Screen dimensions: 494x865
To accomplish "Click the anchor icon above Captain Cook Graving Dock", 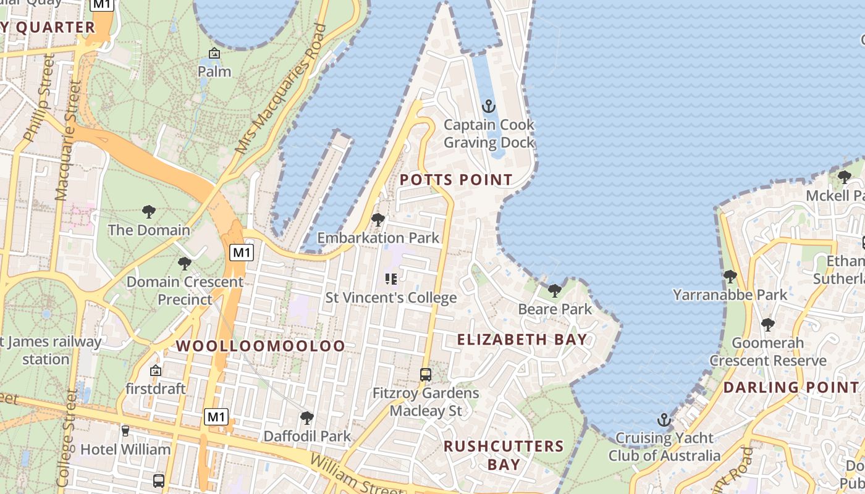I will (489, 106).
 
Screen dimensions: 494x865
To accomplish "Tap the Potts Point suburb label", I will (456, 180).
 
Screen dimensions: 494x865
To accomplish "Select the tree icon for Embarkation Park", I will (378, 219).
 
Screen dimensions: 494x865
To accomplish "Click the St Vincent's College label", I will (391, 298).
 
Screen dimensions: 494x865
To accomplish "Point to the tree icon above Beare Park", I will (554, 290).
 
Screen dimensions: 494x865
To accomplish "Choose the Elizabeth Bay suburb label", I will (522, 339).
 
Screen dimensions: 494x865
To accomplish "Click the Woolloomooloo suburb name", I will (261, 346).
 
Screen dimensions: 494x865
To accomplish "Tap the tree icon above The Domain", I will (148, 212).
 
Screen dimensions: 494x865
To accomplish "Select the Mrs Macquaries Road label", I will (281, 90).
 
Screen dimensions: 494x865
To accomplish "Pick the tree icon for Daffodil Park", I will (306, 418).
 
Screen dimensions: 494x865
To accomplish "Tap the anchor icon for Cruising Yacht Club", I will (664, 420).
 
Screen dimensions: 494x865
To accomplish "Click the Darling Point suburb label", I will (791, 388).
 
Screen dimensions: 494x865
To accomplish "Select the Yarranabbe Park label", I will (730, 295).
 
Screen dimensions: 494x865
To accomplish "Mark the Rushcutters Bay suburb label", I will (504, 454).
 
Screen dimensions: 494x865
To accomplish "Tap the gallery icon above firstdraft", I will (156, 371).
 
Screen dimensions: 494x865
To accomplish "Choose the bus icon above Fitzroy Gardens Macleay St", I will (426, 374).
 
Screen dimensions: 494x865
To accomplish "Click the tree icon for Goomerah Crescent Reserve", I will (767, 324).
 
